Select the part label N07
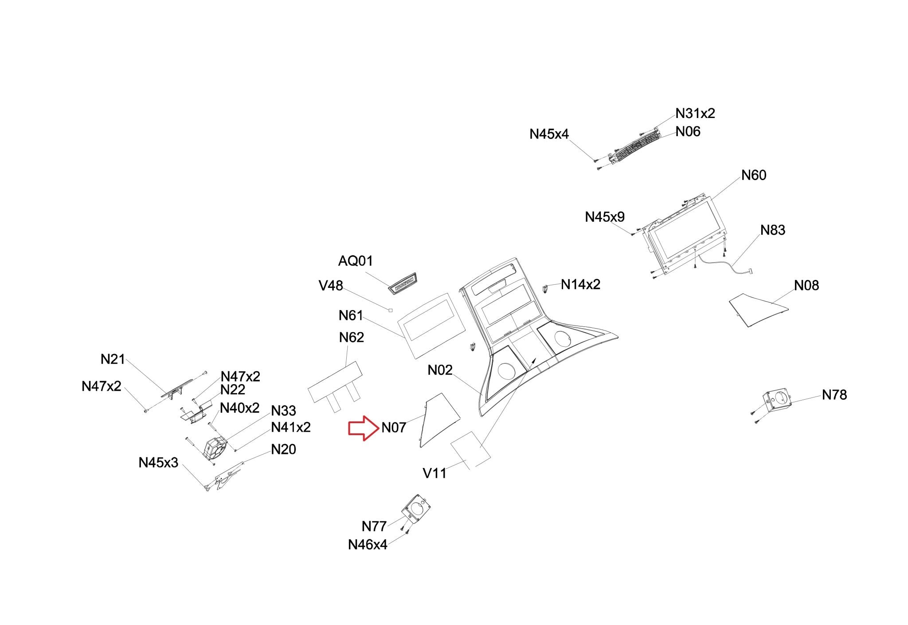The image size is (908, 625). tap(394, 428)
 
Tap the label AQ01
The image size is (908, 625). tap(356, 261)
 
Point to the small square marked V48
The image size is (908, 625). tap(390, 310)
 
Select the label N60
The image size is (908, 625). tap(754, 176)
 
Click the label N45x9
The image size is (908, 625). tap(605, 217)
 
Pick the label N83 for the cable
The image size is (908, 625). tap(773, 230)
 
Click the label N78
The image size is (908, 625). tap(834, 395)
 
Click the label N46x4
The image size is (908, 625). tap(368, 545)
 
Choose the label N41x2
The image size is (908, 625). tap(291, 428)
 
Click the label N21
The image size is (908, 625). tap(113, 359)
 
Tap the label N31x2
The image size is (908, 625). tap(695, 114)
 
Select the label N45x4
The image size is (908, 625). tap(549, 134)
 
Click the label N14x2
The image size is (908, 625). tap(580, 284)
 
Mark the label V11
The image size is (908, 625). tap(434, 473)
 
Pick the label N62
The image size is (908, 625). tap(352, 338)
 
